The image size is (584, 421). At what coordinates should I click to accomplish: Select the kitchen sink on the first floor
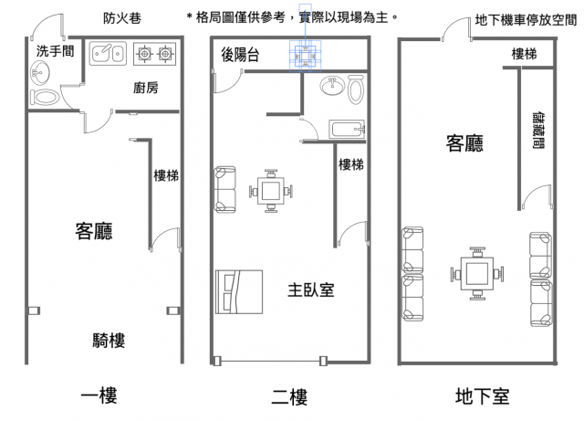[x=108, y=56]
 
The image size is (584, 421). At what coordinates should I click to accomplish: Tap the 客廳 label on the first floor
[x=93, y=231]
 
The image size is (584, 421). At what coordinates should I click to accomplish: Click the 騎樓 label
[x=108, y=341]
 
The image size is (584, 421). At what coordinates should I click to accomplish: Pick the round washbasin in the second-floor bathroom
[x=330, y=89]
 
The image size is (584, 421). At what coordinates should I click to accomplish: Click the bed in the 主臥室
[x=238, y=292]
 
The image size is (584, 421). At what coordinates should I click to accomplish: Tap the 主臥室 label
[x=310, y=290]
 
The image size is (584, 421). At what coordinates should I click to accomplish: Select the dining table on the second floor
[x=271, y=192]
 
